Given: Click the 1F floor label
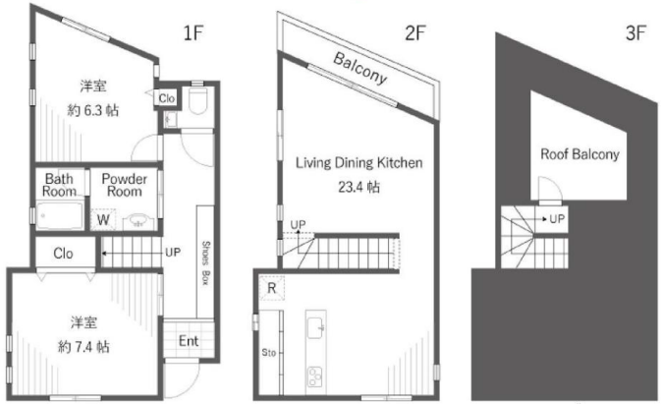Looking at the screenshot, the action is tap(193, 32).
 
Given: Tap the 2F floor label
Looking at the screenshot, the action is tap(415, 32).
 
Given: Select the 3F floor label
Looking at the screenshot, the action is tap(635, 32).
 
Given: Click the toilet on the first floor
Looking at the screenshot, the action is tap(197, 99).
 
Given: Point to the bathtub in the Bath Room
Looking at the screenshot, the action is tap(60, 215).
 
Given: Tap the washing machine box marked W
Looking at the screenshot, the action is tap(103, 220).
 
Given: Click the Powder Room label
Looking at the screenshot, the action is tap(124, 185).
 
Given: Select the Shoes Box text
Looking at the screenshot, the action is tap(205, 262).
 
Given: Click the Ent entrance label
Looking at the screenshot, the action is tap(189, 341).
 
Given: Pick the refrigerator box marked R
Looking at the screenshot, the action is tap(271, 288).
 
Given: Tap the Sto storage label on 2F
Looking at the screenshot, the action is tap(268, 353).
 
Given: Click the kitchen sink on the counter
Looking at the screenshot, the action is tap(315, 328).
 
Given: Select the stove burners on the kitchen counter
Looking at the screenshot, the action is tap(315, 376).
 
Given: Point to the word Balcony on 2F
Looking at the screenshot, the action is tap(360, 69).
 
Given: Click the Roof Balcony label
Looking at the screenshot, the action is tap(579, 154).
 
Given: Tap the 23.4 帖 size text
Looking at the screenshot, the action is tap(359, 187).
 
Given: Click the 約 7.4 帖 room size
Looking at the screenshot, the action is tap(83, 347).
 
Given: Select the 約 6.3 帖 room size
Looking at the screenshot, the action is tap(93, 111).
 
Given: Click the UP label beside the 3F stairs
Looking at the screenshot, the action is tap(557, 219).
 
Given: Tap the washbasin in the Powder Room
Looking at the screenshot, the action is tap(138, 221).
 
